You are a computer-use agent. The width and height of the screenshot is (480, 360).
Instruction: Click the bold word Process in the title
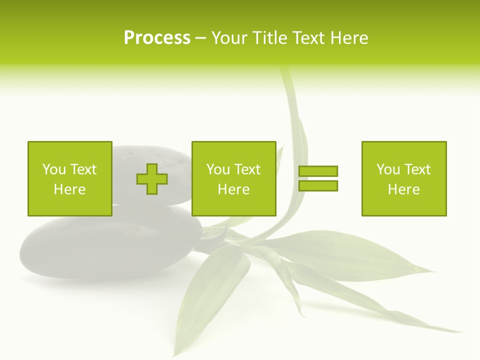157,38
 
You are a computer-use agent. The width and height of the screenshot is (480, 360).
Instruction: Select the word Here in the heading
348,38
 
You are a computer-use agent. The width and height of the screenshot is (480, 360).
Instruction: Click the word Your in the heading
230,38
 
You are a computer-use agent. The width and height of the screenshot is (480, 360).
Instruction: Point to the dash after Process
200,38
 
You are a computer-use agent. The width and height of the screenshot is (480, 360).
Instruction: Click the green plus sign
152,178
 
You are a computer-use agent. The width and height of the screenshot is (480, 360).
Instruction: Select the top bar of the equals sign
318,171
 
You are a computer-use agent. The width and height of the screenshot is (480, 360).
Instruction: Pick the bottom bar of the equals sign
318,185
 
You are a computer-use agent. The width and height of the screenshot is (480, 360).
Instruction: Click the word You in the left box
54,169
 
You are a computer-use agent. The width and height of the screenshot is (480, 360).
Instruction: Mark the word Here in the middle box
233,189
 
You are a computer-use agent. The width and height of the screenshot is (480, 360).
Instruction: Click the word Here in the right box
403,189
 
